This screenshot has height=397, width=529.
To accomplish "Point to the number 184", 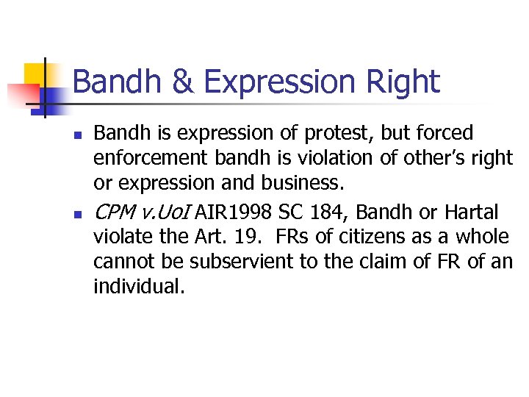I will [334, 212].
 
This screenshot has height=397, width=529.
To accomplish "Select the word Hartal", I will [473, 212].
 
